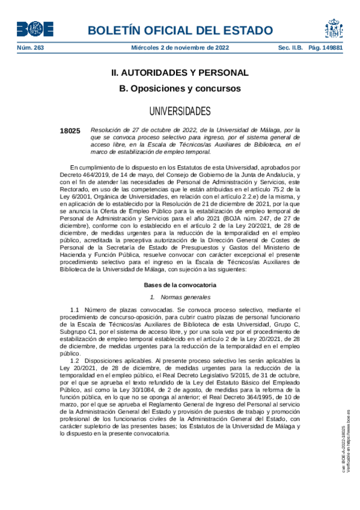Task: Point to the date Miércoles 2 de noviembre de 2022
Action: [x=180, y=48]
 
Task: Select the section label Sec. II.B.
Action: [x=290, y=48]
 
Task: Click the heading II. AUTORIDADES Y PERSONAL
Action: [x=180, y=73]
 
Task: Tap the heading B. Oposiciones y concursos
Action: [x=180, y=88]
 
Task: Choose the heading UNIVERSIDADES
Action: [x=180, y=111]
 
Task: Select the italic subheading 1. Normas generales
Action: [x=180, y=297]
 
